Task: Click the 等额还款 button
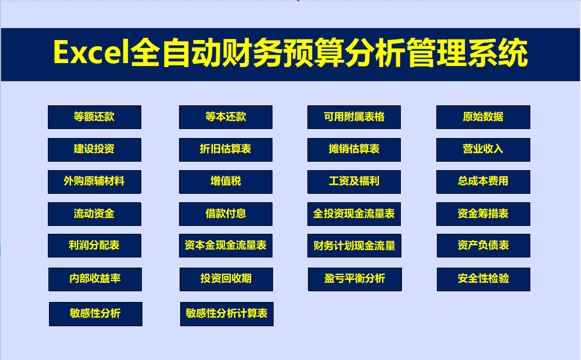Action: (x=94, y=117)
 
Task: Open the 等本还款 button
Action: (x=225, y=117)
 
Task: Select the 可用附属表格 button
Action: (x=354, y=117)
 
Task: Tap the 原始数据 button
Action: (x=483, y=117)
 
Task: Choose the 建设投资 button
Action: (x=94, y=149)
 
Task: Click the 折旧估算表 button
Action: (x=225, y=149)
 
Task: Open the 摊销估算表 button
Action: (x=354, y=149)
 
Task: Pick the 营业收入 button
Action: (x=483, y=149)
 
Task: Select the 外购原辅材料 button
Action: (x=94, y=181)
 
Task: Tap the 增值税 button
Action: (x=225, y=181)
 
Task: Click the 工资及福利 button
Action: (x=354, y=181)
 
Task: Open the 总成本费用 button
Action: (x=483, y=181)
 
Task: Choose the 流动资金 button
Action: (x=94, y=214)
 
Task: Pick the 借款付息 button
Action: (x=225, y=214)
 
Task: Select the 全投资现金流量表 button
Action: (x=354, y=214)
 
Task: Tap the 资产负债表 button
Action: (x=483, y=246)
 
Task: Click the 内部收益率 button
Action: (x=95, y=279)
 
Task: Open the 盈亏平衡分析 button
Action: (x=355, y=279)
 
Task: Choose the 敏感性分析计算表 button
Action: (x=226, y=314)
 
